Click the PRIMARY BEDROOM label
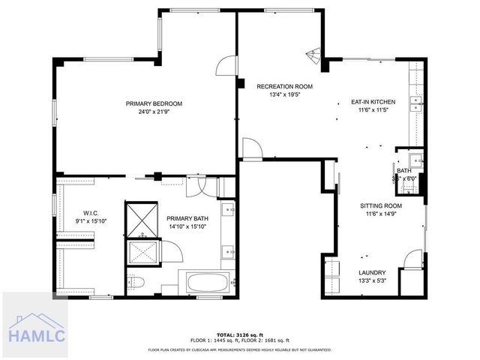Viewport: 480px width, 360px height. [x=154, y=103]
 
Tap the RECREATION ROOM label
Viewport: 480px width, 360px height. [x=284, y=87]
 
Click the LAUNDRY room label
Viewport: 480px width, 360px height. [x=372, y=272]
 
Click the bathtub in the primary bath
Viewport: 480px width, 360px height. [x=211, y=283]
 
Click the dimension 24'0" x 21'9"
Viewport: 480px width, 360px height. [x=154, y=112]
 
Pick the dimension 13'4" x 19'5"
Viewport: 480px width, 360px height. [x=284, y=95]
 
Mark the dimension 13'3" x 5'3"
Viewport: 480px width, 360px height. [x=372, y=280]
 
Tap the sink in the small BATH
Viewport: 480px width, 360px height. [x=415, y=159]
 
